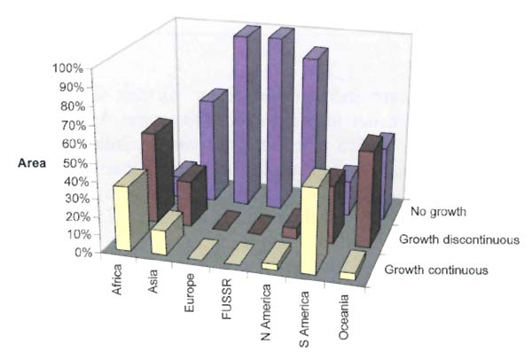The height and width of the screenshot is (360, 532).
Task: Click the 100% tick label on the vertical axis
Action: (x=68, y=68)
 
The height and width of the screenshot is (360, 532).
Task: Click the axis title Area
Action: (x=32, y=163)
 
